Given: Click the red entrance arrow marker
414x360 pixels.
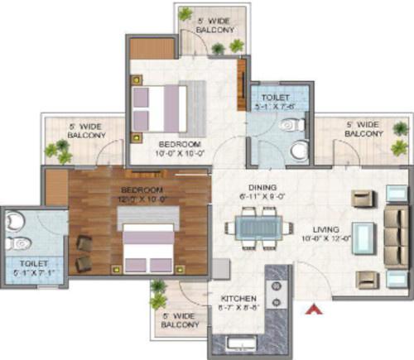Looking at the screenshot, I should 312,310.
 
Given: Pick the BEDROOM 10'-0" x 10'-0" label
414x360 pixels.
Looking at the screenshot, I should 176,148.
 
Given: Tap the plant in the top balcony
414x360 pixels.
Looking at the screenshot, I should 218,48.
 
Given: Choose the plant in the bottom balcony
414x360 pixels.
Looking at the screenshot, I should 156,291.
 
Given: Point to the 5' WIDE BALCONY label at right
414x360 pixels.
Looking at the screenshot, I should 363,128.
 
